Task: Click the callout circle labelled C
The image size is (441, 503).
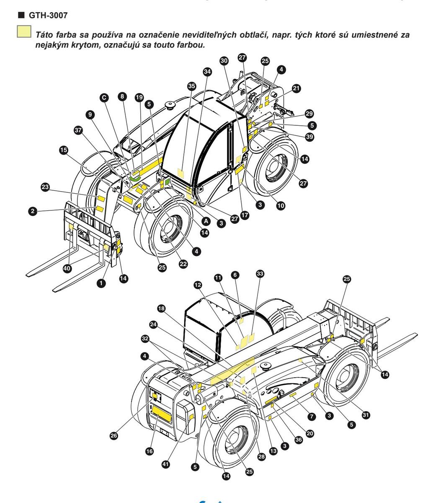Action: (x=104, y=98)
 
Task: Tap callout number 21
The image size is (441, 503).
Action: (x=297, y=88)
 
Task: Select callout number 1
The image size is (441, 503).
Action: (x=100, y=283)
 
